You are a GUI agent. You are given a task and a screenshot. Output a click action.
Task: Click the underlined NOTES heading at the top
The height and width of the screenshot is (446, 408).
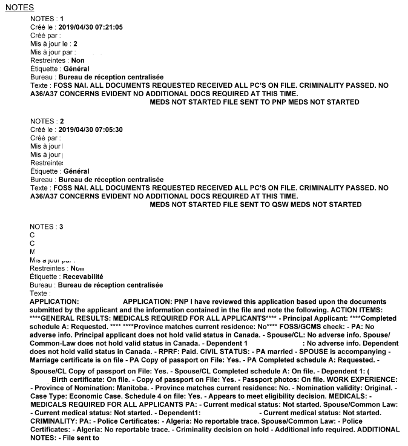point(19,7)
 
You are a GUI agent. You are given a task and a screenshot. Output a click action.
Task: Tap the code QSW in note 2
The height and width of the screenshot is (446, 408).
point(273,205)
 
